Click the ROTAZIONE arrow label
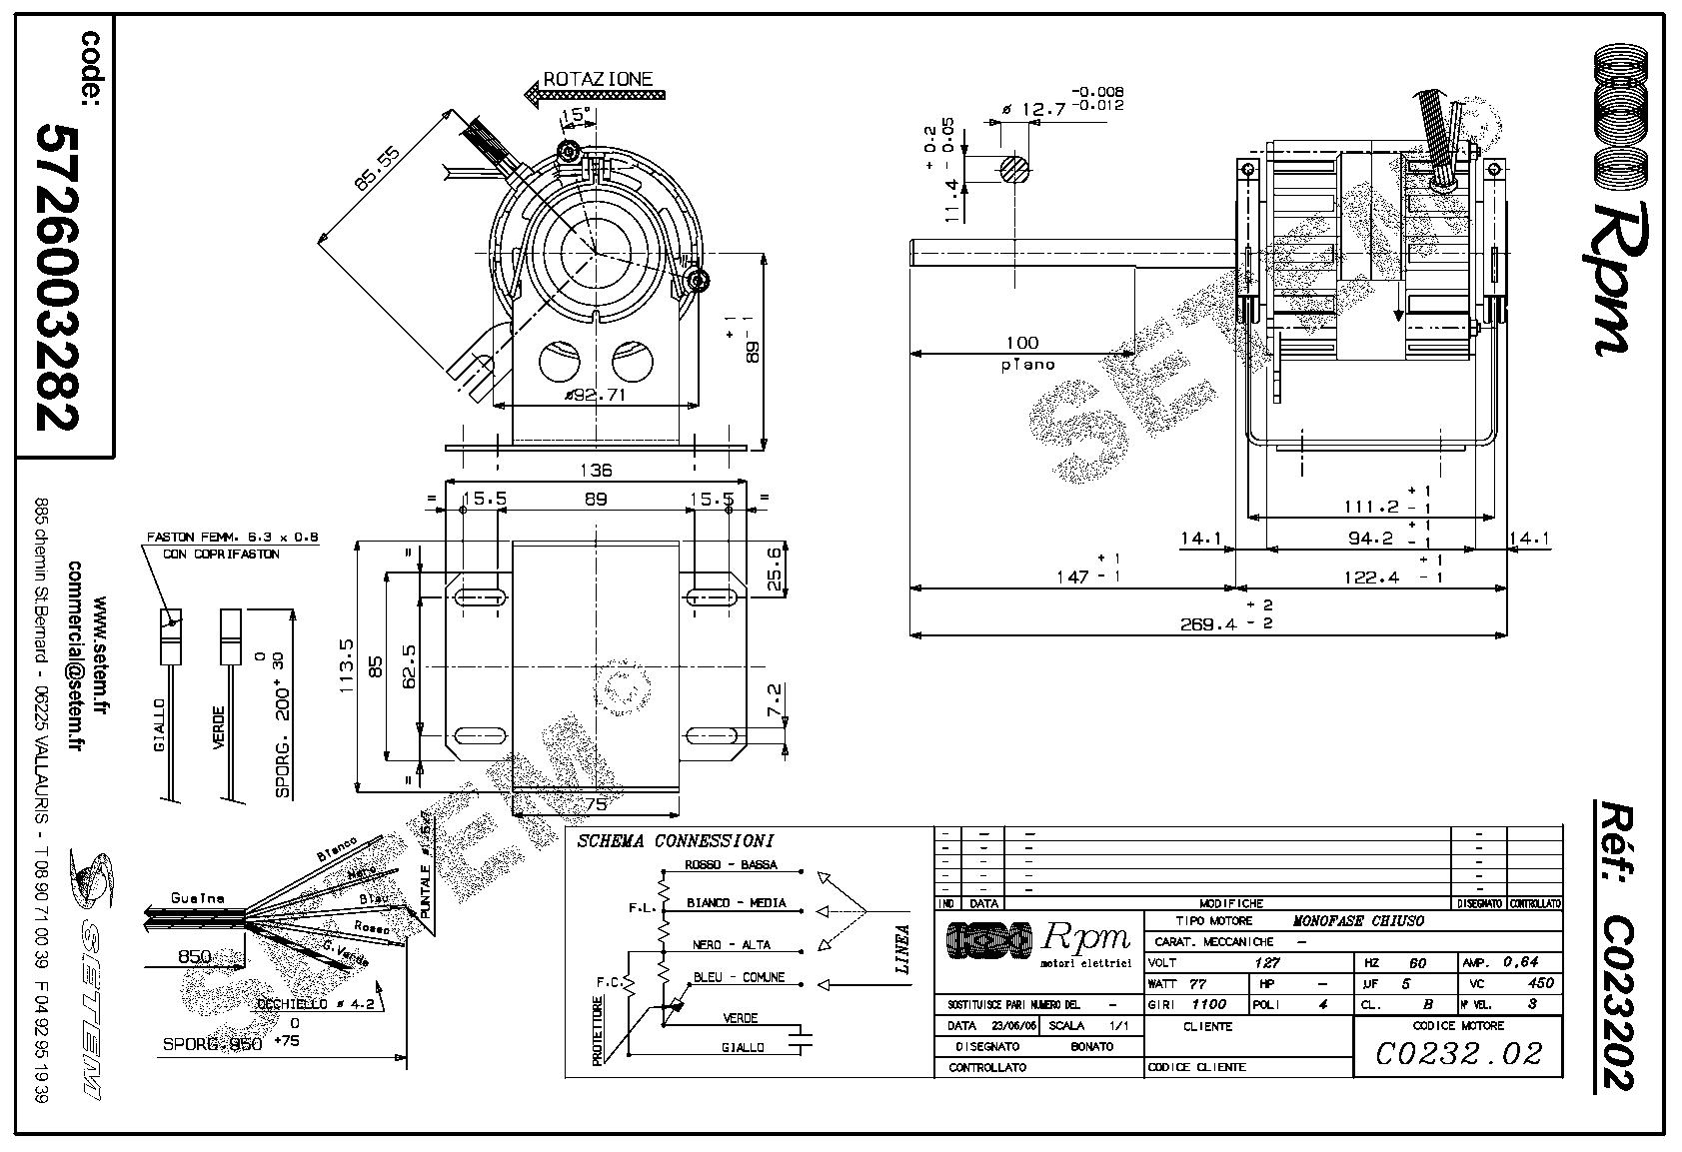(x=598, y=79)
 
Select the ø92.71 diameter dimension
(x=597, y=395)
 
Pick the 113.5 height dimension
(x=347, y=667)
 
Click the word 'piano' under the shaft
(x=1027, y=365)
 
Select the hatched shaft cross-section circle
(x=1015, y=170)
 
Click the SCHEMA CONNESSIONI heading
(x=675, y=841)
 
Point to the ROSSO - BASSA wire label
(x=731, y=865)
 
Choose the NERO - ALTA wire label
(x=732, y=944)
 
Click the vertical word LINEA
(x=902, y=949)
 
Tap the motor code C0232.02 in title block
(x=1458, y=1053)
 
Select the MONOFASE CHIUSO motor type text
(x=1358, y=921)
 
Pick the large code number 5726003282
(x=58, y=277)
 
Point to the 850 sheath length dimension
(x=194, y=956)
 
